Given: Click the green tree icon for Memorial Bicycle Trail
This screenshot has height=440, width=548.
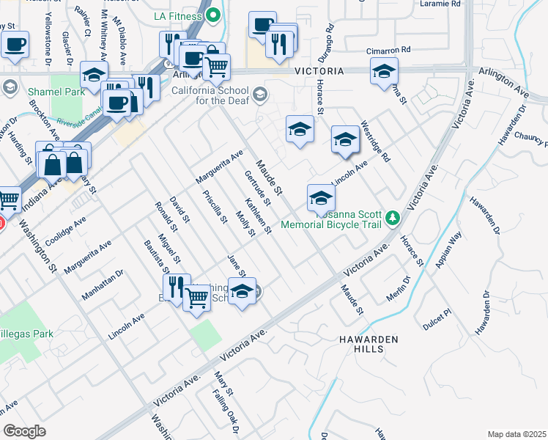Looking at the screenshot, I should [393, 218].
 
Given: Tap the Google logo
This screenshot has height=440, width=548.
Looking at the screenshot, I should [25, 430].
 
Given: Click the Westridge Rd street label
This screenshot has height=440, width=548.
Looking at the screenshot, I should [375, 142].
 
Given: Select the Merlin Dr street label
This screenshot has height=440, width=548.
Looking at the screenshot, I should [397, 289].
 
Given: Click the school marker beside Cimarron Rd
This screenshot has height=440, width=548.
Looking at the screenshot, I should [383, 72].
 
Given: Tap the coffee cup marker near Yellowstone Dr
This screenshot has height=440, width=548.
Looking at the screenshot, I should [14, 44].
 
